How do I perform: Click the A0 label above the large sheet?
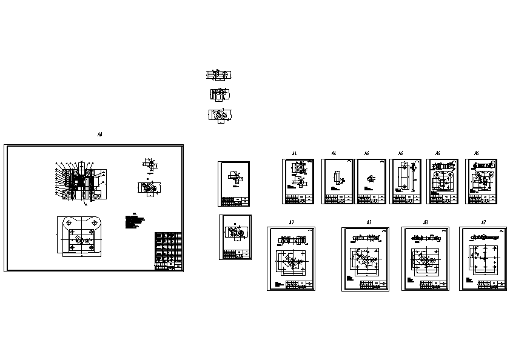[x=99, y=135]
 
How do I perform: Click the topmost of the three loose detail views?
[x=219, y=75]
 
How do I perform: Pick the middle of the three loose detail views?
[x=219, y=95]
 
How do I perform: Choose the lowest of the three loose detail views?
[x=220, y=115]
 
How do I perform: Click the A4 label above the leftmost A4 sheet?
[x=294, y=153]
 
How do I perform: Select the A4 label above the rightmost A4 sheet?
[x=477, y=153]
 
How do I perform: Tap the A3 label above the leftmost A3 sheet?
[x=291, y=222]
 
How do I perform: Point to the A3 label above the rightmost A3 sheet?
[x=483, y=222]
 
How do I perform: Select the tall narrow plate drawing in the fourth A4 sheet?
[x=401, y=176]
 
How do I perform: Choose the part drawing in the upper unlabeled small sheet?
[x=234, y=178]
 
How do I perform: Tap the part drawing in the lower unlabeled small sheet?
[x=235, y=233]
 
